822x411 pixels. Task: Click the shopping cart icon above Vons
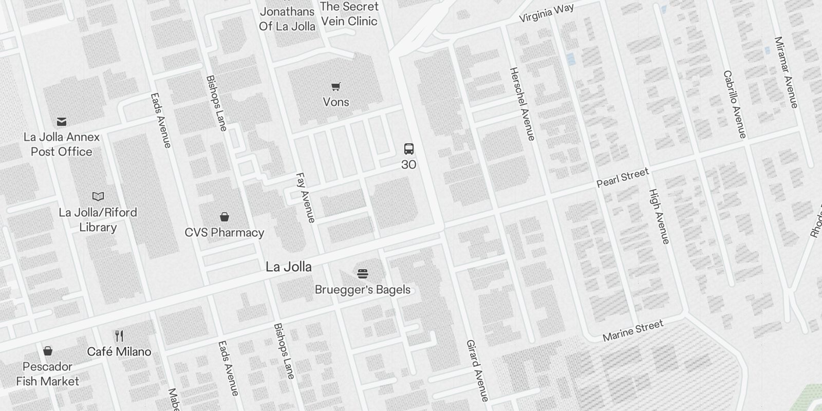pyautogui.click(x=336, y=87)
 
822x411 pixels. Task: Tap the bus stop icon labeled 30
pyautogui.click(x=409, y=150)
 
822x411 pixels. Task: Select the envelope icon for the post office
pyautogui.click(x=62, y=122)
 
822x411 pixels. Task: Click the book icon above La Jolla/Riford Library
pyautogui.click(x=98, y=196)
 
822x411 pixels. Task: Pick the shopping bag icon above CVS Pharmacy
pyautogui.click(x=225, y=217)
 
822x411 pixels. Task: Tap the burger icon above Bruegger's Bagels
pyautogui.click(x=363, y=273)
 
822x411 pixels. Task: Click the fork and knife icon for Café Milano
pyautogui.click(x=119, y=336)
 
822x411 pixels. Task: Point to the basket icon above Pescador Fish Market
pyautogui.click(x=48, y=351)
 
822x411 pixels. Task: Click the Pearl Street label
pyautogui.click(x=623, y=177)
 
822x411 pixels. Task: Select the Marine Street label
pyautogui.click(x=633, y=330)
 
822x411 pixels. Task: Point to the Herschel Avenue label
pyautogui.click(x=522, y=104)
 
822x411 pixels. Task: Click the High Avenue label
pyautogui.click(x=659, y=216)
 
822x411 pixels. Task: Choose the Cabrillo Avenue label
pyautogui.click(x=735, y=104)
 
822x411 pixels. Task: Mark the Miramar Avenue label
pyautogui.click(x=787, y=72)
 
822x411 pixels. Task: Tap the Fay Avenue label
pyautogui.click(x=305, y=198)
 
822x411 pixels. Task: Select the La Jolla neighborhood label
pyautogui.click(x=288, y=267)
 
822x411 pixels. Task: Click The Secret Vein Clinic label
pyautogui.click(x=349, y=14)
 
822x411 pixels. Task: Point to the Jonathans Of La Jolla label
pyautogui.click(x=287, y=19)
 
